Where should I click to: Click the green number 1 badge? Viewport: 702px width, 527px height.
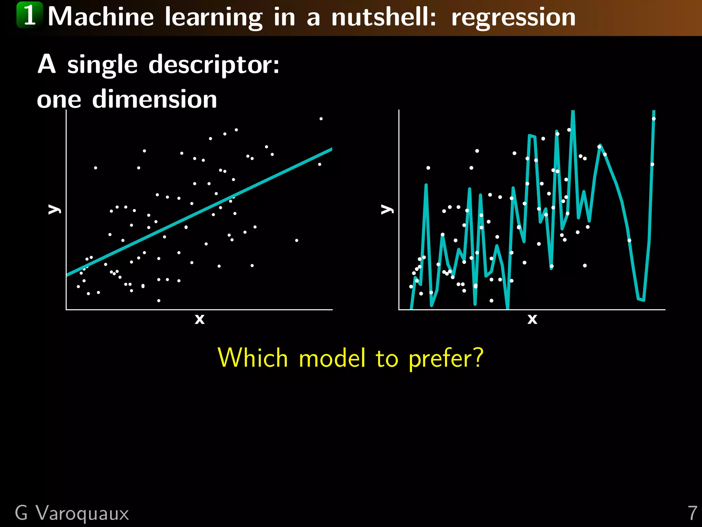(x=30, y=15)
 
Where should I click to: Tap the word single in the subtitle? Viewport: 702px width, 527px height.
(x=102, y=65)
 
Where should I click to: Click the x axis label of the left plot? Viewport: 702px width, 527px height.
(x=199, y=319)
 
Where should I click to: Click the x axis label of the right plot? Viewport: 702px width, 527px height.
(x=532, y=319)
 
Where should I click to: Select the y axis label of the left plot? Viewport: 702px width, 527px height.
(x=54, y=209)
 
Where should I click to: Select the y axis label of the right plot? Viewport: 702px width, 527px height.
(x=387, y=209)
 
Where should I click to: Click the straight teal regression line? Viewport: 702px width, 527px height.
(x=199, y=213)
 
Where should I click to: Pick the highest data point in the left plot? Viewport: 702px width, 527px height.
(x=321, y=119)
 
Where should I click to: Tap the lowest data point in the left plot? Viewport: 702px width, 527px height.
(x=159, y=301)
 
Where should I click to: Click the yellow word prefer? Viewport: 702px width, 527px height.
(x=446, y=359)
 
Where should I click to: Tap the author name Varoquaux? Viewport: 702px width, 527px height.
(x=82, y=514)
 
